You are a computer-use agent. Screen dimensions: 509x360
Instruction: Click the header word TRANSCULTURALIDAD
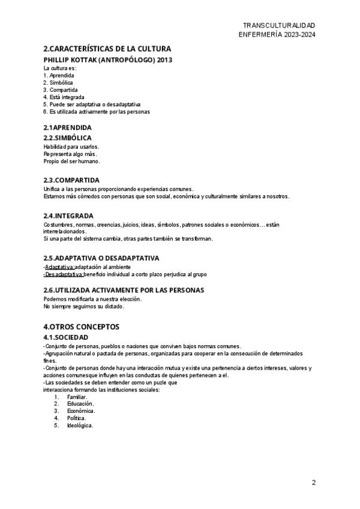click(x=278, y=25)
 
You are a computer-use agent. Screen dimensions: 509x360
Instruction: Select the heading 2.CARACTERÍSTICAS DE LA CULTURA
click(x=107, y=49)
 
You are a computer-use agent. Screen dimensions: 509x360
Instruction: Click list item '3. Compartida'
click(x=61, y=89)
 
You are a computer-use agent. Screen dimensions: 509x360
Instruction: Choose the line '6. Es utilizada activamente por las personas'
click(x=97, y=112)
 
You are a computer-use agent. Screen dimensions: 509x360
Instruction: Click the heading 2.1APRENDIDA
click(x=67, y=128)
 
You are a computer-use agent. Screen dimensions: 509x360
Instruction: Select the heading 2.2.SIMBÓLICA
click(x=67, y=138)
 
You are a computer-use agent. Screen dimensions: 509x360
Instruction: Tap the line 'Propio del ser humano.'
click(x=71, y=161)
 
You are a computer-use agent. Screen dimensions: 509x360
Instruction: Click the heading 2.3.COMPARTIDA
click(x=71, y=180)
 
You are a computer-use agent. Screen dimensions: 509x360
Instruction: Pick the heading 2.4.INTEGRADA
click(x=68, y=215)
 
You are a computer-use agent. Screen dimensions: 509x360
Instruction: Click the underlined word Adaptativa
click(x=60, y=267)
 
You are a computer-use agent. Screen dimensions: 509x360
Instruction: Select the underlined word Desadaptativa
click(x=65, y=274)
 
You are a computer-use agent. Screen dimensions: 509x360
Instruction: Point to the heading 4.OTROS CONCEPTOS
click(x=81, y=327)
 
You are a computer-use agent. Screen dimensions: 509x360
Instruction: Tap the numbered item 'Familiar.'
click(x=77, y=397)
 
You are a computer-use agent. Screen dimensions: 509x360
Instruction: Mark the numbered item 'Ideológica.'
click(x=80, y=426)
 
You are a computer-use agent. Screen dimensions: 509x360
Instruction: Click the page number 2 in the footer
click(x=313, y=483)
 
